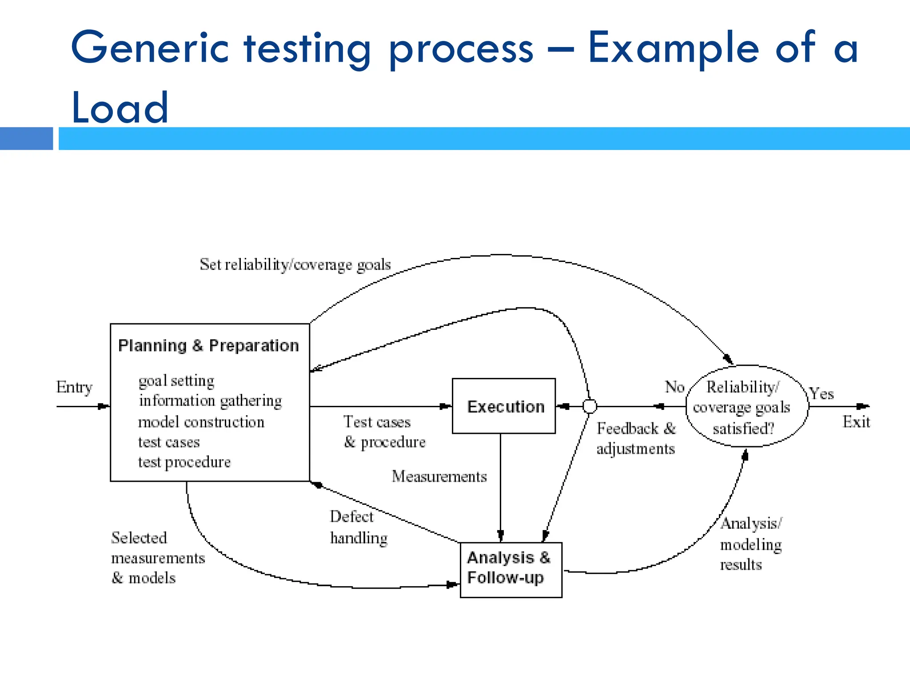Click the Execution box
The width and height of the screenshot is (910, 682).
click(x=503, y=406)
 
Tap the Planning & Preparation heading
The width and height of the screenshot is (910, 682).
click(x=208, y=345)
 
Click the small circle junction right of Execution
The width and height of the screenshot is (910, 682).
click(x=589, y=406)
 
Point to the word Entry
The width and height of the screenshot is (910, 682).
click(x=74, y=387)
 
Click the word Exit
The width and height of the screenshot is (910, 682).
click(x=856, y=422)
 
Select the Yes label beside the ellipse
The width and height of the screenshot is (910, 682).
click(x=821, y=393)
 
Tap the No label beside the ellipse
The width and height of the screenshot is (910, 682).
click(x=674, y=387)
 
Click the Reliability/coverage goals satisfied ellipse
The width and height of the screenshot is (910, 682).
click(x=746, y=406)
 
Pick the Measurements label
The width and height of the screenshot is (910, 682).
click(x=439, y=476)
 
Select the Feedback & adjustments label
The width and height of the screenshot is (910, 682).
click(x=636, y=438)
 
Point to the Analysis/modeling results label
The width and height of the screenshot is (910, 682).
click(x=751, y=544)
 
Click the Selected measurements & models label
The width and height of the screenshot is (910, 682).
click(x=158, y=558)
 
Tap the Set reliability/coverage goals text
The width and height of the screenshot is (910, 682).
click(x=295, y=265)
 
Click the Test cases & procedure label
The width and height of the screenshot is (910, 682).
click(x=384, y=432)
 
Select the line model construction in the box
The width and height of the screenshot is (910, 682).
click(x=201, y=422)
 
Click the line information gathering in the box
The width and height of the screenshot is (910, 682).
click(x=210, y=401)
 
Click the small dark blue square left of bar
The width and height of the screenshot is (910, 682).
click(x=26, y=139)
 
